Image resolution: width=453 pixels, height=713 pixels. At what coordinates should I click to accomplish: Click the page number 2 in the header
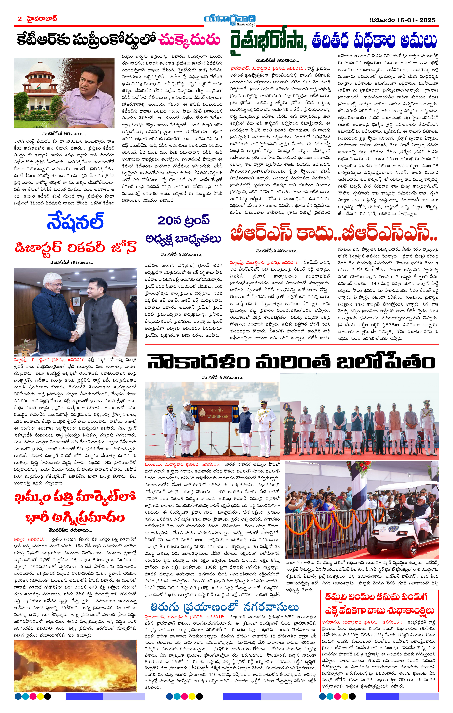coord(20,19)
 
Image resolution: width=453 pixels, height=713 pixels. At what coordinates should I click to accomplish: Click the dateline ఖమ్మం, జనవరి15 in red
coord(29,539)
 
